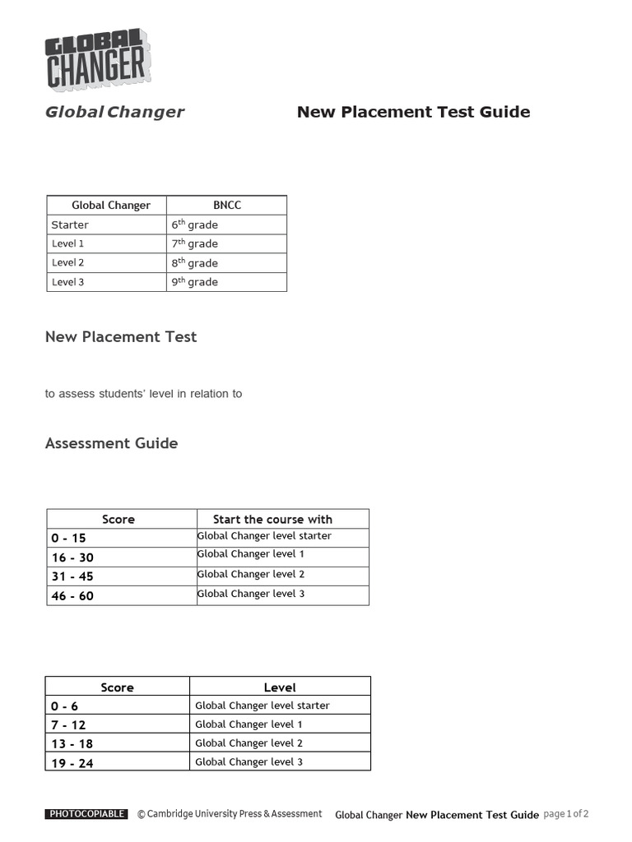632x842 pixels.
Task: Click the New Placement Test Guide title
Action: point(413,112)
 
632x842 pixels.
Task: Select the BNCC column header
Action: point(227,205)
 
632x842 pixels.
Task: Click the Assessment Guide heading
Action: point(111,443)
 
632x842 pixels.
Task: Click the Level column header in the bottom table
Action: point(280,687)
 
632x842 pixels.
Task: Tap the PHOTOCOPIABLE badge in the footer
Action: point(86,814)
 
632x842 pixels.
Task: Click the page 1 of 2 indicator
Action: point(566,814)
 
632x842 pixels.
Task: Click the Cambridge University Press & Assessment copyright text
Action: point(230,814)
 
